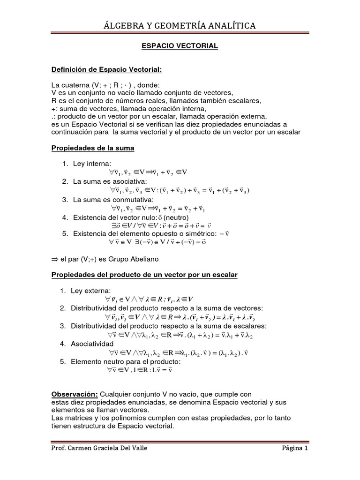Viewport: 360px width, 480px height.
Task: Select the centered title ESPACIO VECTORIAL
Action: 180,46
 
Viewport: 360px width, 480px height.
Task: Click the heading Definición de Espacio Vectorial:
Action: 106,69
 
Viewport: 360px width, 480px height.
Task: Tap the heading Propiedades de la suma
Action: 92,148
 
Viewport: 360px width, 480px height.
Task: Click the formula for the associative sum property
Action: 180,190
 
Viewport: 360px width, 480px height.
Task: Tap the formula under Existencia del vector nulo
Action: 159,226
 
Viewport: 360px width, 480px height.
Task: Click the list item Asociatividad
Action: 93,344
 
